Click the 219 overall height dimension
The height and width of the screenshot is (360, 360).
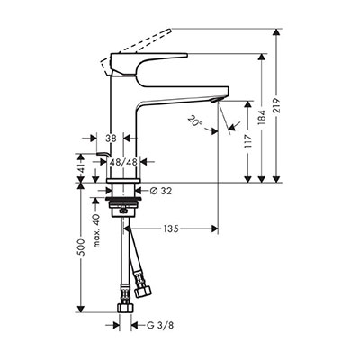(x=277, y=105)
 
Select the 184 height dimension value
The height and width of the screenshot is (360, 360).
(x=262, y=117)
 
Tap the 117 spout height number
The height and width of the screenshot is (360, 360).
(x=247, y=142)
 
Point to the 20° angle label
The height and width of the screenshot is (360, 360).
(x=194, y=121)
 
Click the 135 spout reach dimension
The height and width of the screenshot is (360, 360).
(x=171, y=229)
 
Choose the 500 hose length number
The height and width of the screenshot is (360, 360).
(x=80, y=247)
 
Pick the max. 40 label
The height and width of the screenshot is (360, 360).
(x=95, y=230)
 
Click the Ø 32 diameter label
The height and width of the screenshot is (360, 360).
(x=161, y=191)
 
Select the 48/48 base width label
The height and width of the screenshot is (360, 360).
(x=123, y=162)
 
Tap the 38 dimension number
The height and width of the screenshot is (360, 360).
(x=111, y=139)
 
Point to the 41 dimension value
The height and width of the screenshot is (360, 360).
(x=80, y=168)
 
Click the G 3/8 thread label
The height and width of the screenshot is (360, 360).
(x=160, y=325)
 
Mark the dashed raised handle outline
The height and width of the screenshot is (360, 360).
(x=136, y=50)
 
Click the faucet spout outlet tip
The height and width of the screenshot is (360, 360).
(x=217, y=101)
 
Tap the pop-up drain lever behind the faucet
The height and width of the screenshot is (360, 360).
(x=103, y=154)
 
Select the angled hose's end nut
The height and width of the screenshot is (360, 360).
(x=143, y=292)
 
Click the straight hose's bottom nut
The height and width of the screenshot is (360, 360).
(x=124, y=308)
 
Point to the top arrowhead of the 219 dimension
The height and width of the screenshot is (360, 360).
(x=277, y=32)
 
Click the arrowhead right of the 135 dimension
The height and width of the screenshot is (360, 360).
(x=214, y=229)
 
